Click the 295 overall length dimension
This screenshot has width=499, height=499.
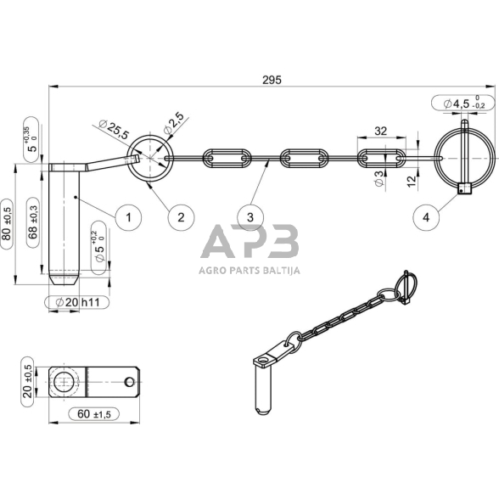tap(272, 80)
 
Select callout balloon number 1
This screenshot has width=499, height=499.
tap(128, 217)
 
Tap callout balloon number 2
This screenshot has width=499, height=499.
tap(181, 217)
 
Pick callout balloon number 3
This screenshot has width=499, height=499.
tap(250, 217)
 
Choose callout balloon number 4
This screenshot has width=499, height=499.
tap(426, 217)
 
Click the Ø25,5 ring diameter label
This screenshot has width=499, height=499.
tap(114, 129)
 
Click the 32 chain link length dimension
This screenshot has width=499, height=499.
tap(380, 131)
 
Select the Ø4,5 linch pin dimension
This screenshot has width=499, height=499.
tap(463, 104)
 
